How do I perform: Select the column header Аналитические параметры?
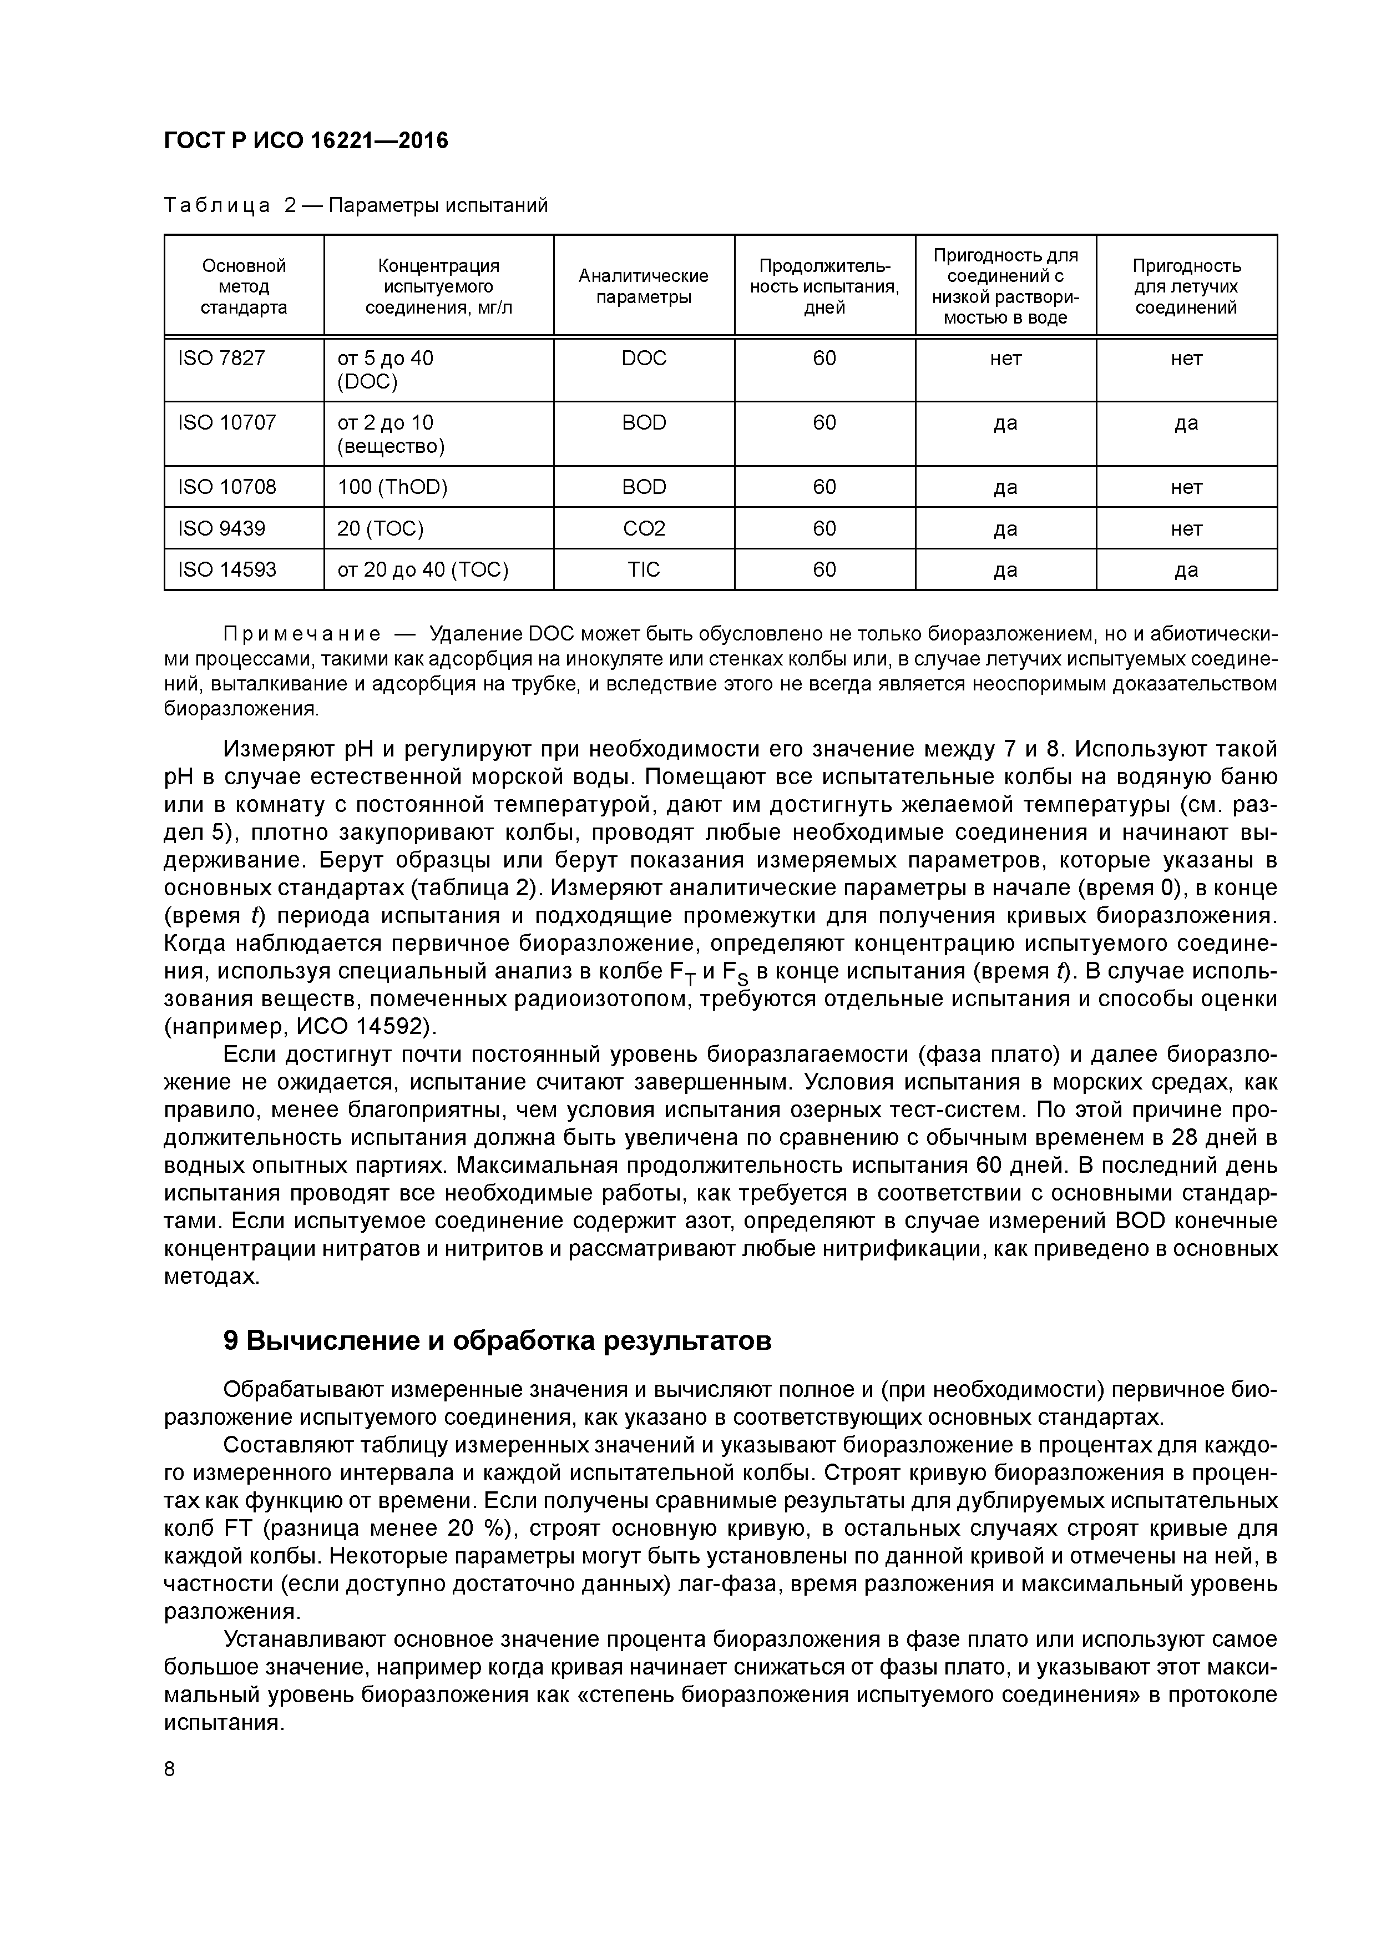[644, 286]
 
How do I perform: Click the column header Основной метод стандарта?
[244, 286]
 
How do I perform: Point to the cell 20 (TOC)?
[381, 528]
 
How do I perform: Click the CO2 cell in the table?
[644, 528]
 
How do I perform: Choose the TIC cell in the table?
[644, 569]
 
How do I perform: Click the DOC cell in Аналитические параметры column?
[644, 359]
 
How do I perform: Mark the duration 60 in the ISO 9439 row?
[824, 528]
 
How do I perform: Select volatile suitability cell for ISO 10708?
[1186, 487]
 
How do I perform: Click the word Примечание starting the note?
[301, 634]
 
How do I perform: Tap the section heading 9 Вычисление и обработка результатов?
[498, 1341]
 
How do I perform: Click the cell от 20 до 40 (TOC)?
[423, 569]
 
